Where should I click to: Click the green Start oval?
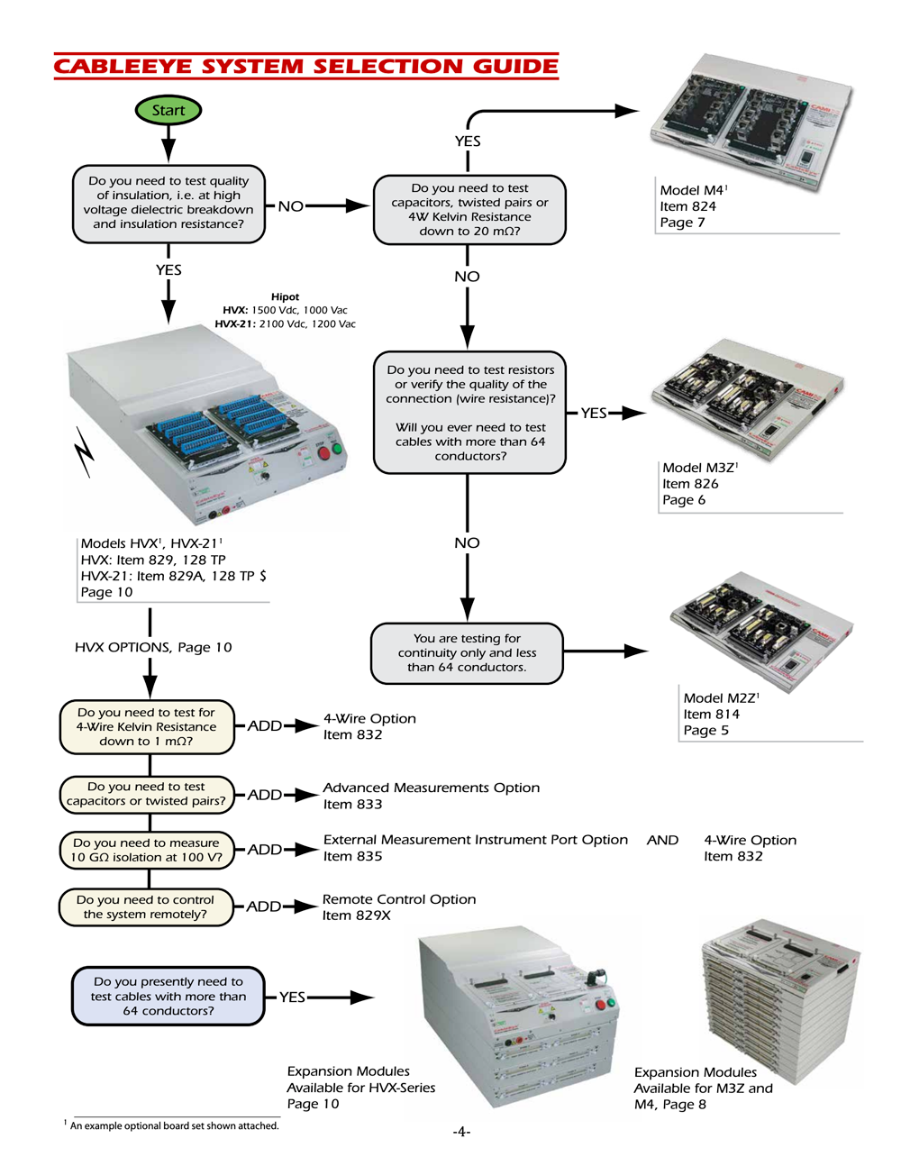[x=168, y=111]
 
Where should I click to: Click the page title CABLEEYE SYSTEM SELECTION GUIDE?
[x=305, y=67]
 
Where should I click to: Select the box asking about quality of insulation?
[x=168, y=204]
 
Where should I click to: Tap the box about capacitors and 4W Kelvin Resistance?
[x=469, y=210]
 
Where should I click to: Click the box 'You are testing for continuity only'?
[x=467, y=653]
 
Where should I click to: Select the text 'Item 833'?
[x=352, y=805]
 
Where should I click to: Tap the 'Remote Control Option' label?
[x=399, y=899]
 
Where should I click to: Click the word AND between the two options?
[x=662, y=840]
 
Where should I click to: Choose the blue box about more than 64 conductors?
[x=168, y=997]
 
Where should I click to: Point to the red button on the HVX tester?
[x=323, y=452]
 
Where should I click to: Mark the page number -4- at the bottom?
[x=461, y=1132]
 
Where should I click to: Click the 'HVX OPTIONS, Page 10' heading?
[x=153, y=647]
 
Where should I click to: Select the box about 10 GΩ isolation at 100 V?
[x=146, y=850]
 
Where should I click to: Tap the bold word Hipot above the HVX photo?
[x=285, y=296]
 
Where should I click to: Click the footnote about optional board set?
[x=174, y=1125]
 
